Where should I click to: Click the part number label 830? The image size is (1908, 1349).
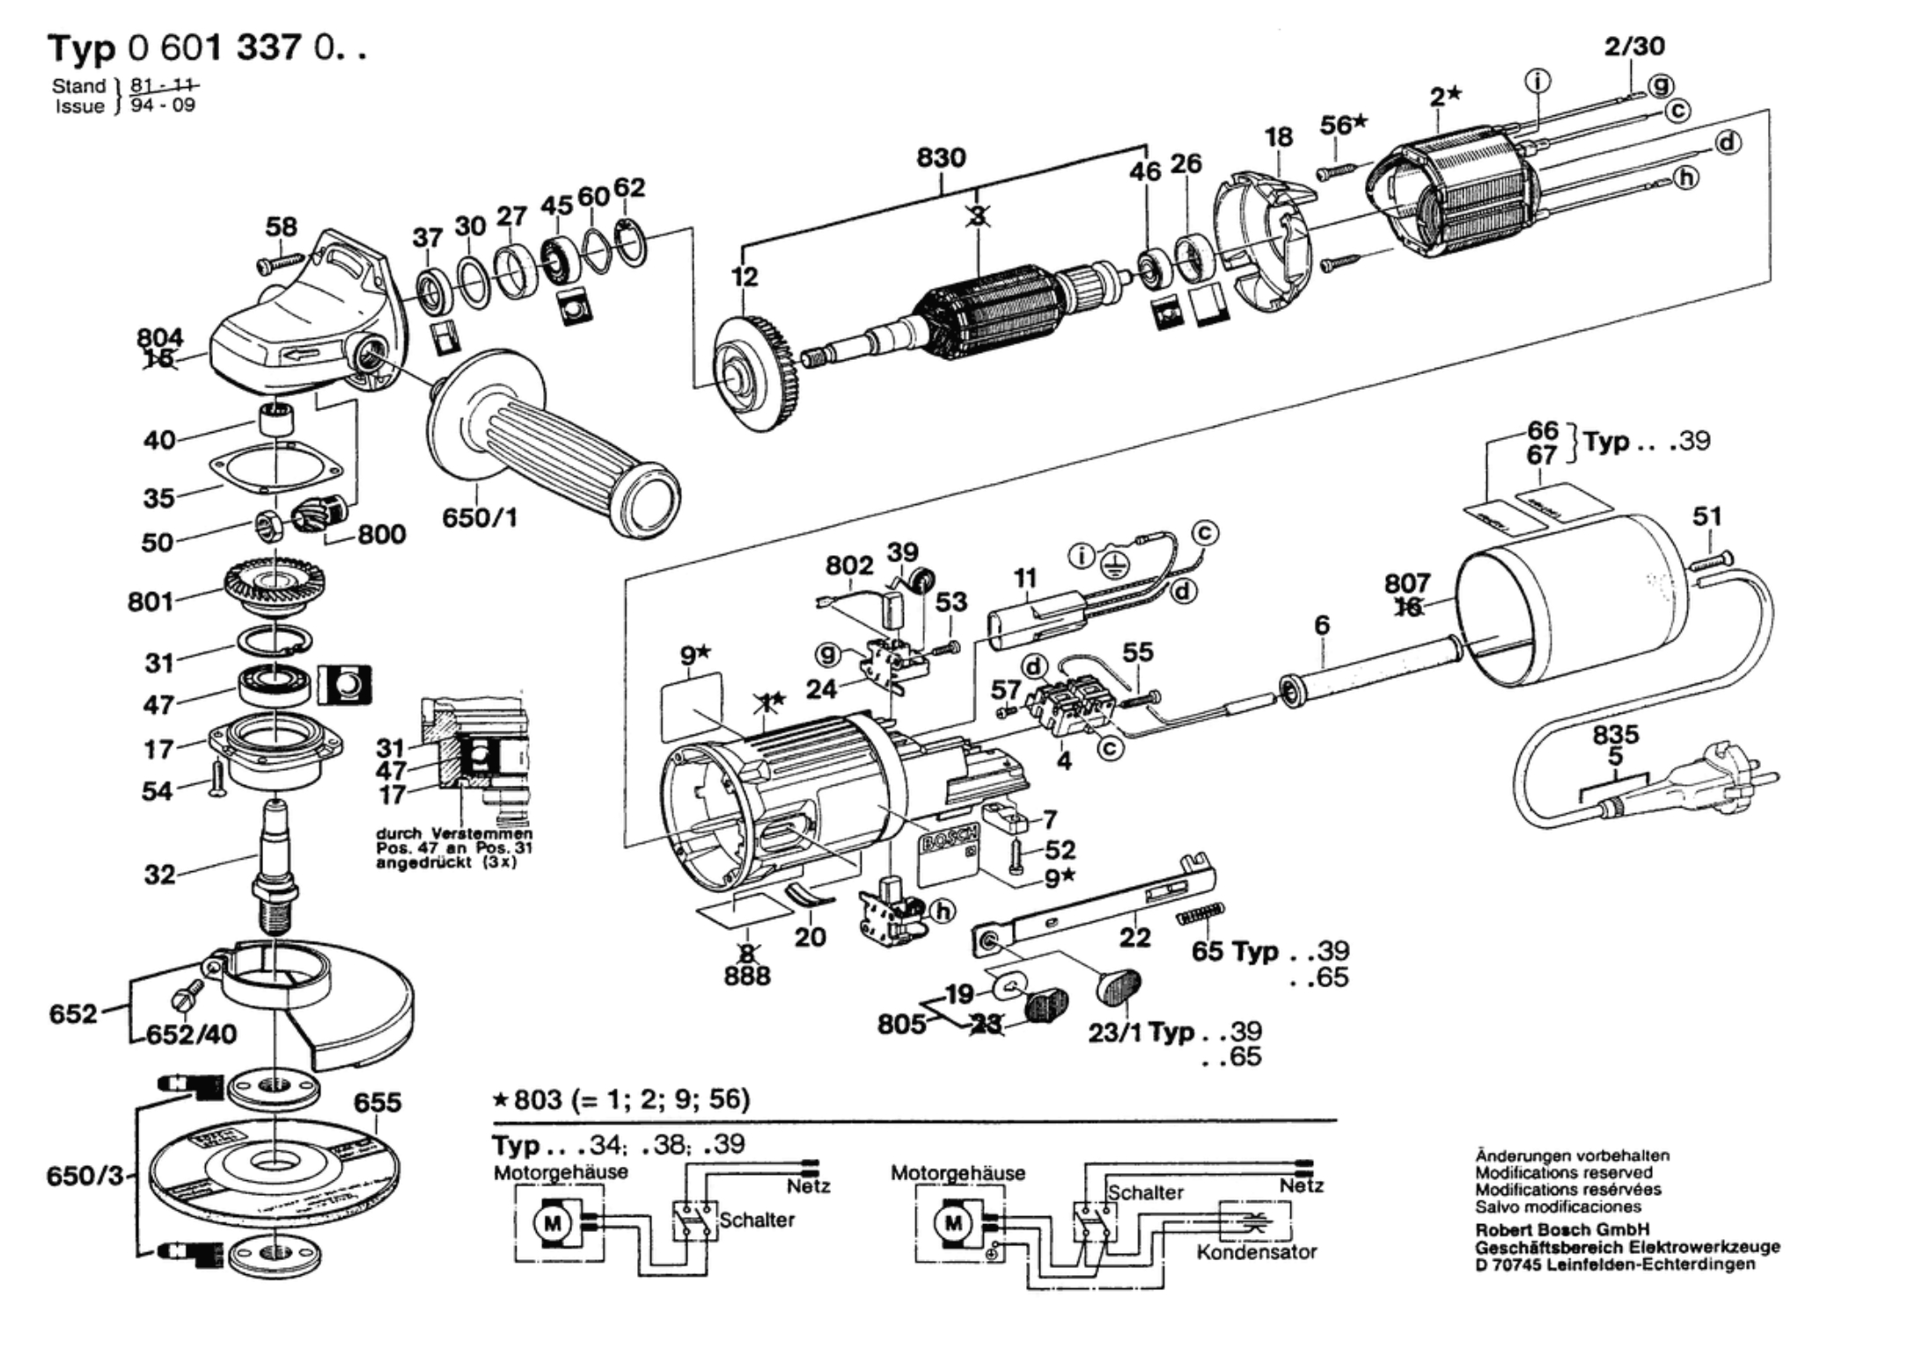pyautogui.click(x=941, y=158)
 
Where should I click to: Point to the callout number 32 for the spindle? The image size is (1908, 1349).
pyautogui.click(x=159, y=875)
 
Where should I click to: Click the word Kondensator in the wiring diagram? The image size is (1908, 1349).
pyautogui.click(x=1256, y=1251)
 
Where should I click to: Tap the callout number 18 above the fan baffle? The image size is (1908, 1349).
pyautogui.click(x=1279, y=137)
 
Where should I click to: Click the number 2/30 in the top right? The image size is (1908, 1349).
pyautogui.click(x=1634, y=46)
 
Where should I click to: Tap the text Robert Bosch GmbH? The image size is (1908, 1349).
pyautogui.click(x=1562, y=1229)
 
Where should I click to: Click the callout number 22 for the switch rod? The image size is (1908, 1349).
pyautogui.click(x=1134, y=938)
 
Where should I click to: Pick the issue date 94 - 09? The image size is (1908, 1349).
pyautogui.click(x=163, y=106)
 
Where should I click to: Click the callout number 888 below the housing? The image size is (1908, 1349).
pyautogui.click(x=747, y=976)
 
